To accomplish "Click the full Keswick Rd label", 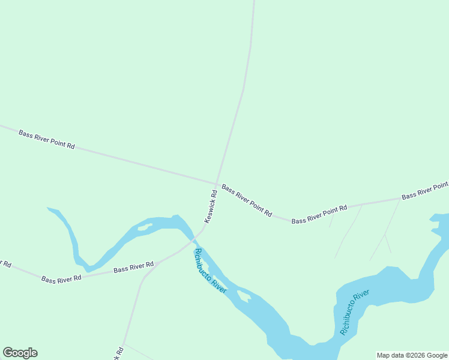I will pyautogui.click(x=209, y=207).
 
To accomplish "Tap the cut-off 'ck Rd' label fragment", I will pyautogui.click(x=119, y=353).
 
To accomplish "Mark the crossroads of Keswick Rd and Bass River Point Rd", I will pyautogui.click(x=217, y=183).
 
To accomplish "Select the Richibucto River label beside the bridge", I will pyautogui.click(x=209, y=271).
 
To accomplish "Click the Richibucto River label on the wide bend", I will pyautogui.click(x=354, y=312).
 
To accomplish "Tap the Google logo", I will pyautogui.click(x=20, y=353).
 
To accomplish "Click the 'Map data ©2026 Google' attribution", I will pyautogui.click(x=412, y=355).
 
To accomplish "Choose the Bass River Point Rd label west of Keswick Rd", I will pyautogui.click(x=46, y=140).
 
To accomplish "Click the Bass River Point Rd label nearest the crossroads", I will pyautogui.click(x=247, y=200).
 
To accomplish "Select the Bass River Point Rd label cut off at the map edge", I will pyautogui.click(x=425, y=191).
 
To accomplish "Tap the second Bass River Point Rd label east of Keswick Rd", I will pyautogui.click(x=319, y=214).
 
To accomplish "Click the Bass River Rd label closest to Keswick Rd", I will pyautogui.click(x=134, y=267).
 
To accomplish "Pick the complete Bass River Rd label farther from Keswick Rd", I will pyautogui.click(x=61, y=278).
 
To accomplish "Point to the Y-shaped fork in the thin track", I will pyautogui.click(x=384, y=235).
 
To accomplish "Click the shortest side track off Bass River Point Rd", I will pyautogui.click(x=331, y=220).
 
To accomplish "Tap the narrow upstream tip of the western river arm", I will pyautogui.click(x=49, y=209).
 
